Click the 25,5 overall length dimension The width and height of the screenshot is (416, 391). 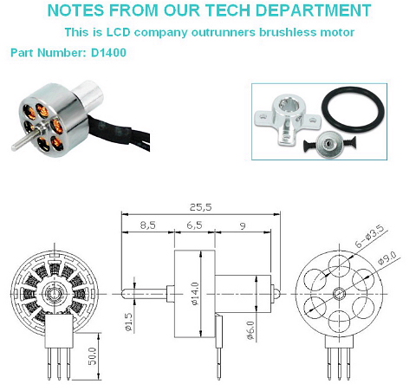point(200,207)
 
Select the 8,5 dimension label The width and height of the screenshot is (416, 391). point(148,225)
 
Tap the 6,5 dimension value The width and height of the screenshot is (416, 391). point(194,225)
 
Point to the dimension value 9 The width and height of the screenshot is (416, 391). point(243,225)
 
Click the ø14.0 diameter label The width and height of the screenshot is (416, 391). point(195,294)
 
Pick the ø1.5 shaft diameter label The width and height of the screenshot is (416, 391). point(129,322)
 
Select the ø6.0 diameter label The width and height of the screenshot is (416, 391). point(250,330)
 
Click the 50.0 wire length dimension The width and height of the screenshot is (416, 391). point(93,356)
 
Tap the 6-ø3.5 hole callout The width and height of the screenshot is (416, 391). point(370,236)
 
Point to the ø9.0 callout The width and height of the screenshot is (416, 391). point(388,257)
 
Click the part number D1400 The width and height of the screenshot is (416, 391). point(108,53)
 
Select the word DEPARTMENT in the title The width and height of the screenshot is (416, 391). point(314,10)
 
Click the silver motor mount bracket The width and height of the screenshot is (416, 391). point(288,119)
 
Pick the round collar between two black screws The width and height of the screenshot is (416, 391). point(329,144)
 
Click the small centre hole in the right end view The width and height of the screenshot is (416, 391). point(339,294)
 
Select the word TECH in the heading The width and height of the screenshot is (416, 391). point(228,10)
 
